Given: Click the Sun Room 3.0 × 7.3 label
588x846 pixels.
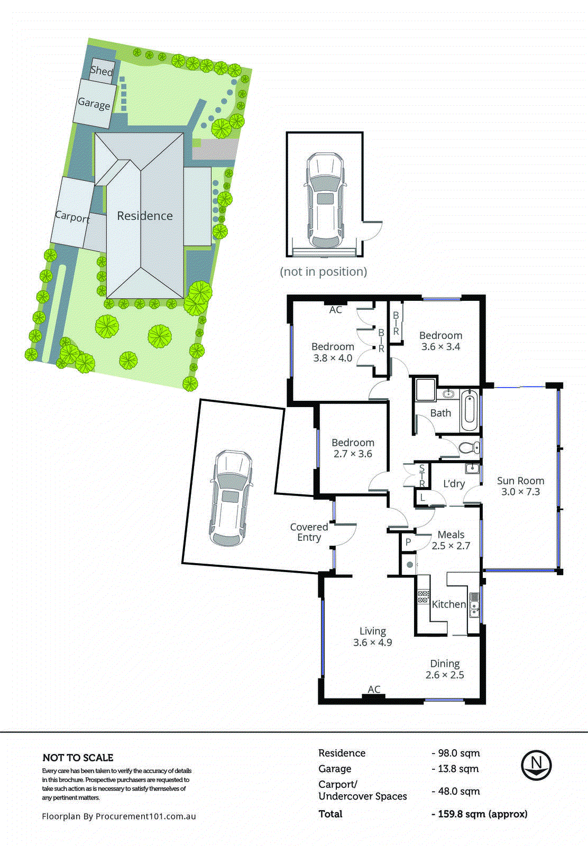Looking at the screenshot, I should [520, 486].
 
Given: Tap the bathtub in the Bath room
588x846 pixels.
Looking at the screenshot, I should [469, 410].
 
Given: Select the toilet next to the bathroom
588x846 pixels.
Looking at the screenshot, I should [468, 447].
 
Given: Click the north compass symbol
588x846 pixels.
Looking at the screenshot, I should [536, 765].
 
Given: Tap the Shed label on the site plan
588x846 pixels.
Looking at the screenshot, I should [102, 70].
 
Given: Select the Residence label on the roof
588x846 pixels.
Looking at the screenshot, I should [145, 216].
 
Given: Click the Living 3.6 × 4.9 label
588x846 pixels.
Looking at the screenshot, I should [373, 637].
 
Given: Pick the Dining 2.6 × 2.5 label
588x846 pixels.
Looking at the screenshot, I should [445, 669].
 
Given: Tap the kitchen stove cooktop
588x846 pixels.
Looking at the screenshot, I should [423, 597].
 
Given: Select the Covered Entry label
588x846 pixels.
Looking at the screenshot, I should [309, 532].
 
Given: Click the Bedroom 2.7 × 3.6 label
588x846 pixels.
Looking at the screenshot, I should [353, 448].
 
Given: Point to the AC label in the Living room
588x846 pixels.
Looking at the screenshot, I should [374, 689].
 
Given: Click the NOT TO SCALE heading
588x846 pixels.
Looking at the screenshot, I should [78, 758].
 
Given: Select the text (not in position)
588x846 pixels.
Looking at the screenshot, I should [323, 272].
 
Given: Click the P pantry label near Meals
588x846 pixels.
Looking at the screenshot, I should [408, 542].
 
